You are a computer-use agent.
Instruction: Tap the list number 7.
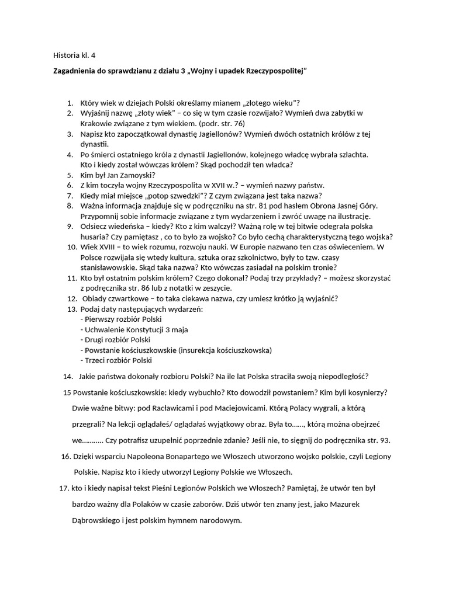69,195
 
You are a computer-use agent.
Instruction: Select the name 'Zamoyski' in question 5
134,174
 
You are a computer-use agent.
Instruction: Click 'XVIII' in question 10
109,247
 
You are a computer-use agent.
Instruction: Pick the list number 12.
71,298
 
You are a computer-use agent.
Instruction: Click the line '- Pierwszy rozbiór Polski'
120,319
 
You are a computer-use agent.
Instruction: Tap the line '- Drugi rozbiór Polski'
115,339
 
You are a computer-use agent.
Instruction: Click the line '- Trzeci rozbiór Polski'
115,360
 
